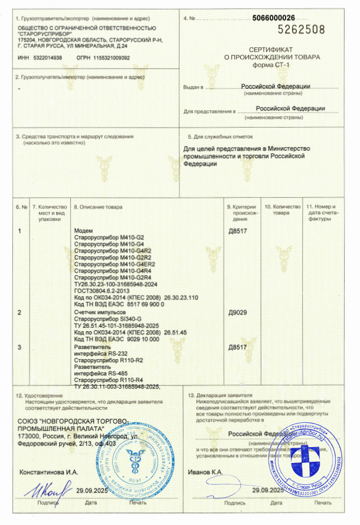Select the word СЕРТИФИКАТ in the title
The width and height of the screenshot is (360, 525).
[276, 50]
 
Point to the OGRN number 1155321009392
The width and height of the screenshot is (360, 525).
[109, 58]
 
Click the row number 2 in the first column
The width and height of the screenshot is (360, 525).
[21, 311]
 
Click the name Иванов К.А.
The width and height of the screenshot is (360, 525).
[205, 472]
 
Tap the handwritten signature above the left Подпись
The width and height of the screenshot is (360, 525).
[46, 489]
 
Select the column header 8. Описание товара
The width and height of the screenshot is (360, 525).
[97, 207]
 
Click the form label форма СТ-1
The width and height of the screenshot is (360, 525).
[276, 65]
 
